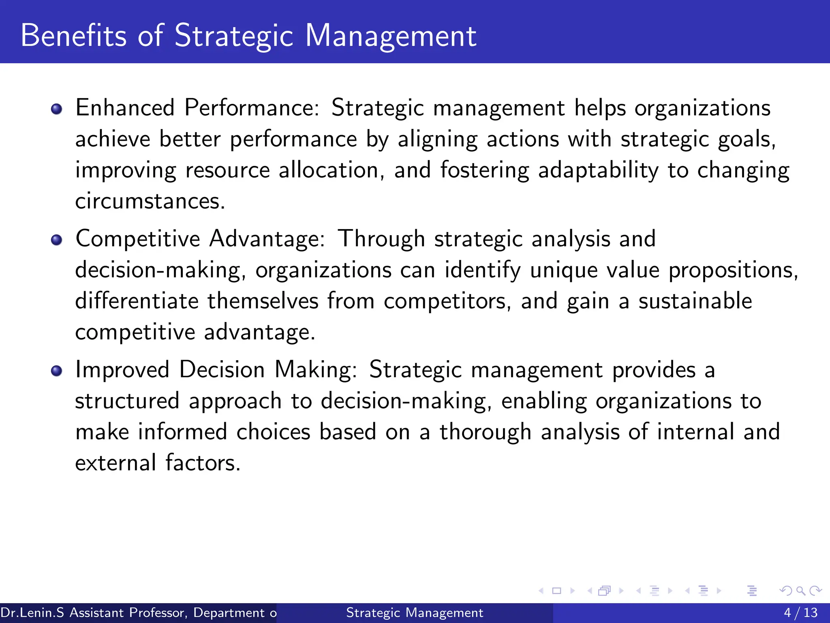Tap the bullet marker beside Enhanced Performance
[57, 109]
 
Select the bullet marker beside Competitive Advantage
[57, 240]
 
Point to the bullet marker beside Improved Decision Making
[57, 371]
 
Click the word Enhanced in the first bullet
[125, 108]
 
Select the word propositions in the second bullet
[733, 270]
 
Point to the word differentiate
[137, 301]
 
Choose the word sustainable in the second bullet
[695, 301]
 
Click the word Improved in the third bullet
[122, 370]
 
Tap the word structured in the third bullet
[127, 401]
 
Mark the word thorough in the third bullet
[486, 432]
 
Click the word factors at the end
[203, 463]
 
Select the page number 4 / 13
[800, 612]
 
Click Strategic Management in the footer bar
[415, 612]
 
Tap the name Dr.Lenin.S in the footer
[32, 612]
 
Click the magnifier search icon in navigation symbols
[800, 591]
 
